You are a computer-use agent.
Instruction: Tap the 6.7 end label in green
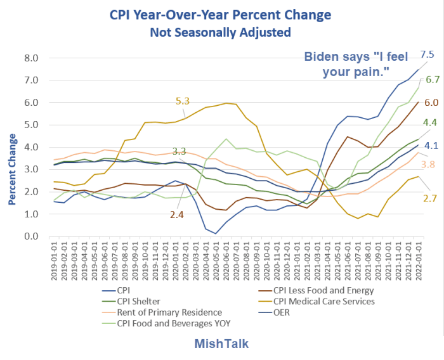tap(433, 80)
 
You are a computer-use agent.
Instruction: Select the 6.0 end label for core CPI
tap(431, 103)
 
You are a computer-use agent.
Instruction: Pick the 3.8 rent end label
tap(429, 164)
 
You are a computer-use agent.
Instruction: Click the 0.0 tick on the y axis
tap(30, 237)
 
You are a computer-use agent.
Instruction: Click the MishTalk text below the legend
tap(222, 344)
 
